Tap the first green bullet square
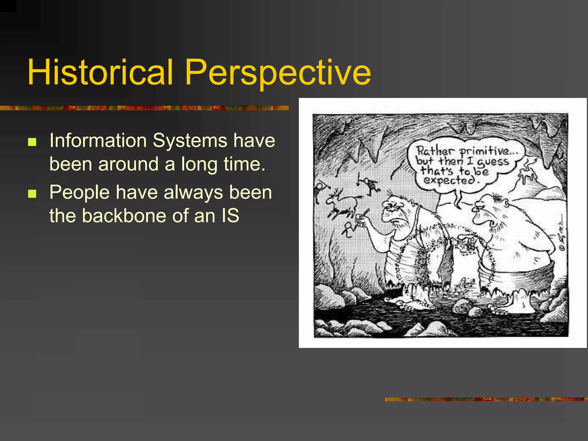pyautogui.click(x=32, y=142)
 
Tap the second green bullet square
pyautogui.click(x=32, y=194)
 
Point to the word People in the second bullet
pyautogui.click(x=79, y=192)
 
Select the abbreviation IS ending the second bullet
pyautogui.click(x=230, y=216)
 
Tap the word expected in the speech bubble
pyautogui.click(x=449, y=180)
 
